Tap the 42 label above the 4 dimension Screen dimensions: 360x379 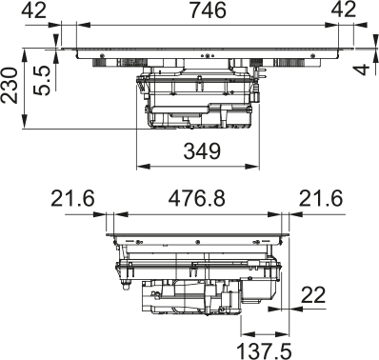click(x=344, y=11)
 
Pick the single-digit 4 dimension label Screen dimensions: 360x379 click(x=367, y=69)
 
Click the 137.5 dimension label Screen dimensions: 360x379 click(x=263, y=350)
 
